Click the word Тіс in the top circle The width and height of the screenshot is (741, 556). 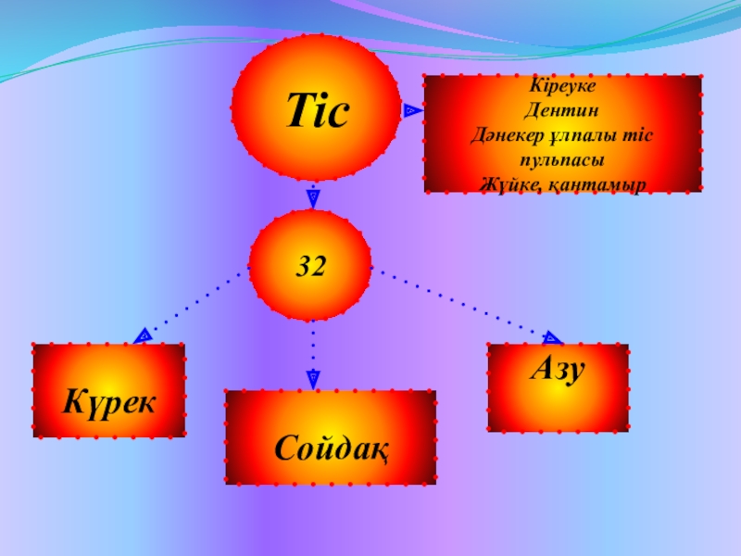click(x=317, y=112)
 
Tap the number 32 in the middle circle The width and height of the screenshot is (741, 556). click(x=312, y=268)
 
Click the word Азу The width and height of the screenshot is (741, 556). click(x=557, y=370)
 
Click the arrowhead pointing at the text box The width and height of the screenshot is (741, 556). click(x=410, y=110)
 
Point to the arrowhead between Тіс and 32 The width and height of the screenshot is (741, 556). click(x=313, y=196)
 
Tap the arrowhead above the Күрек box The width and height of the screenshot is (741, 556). click(x=144, y=335)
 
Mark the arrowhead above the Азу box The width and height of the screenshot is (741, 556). click(x=552, y=338)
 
